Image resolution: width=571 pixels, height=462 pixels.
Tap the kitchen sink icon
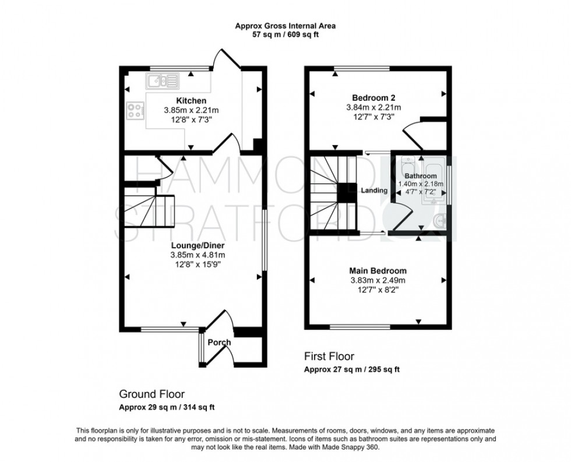click(163, 80)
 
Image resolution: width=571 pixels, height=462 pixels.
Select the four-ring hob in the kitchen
click(135, 111)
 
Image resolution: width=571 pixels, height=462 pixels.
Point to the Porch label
click(219, 343)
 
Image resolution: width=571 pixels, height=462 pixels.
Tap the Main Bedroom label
click(378, 271)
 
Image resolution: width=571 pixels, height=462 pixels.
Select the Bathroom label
click(421, 176)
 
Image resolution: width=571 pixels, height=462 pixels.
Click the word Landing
click(374, 191)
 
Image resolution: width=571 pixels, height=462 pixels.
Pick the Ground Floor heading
click(151, 394)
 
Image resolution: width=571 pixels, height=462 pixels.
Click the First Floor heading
click(329, 357)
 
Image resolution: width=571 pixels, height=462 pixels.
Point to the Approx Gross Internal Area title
click(285, 26)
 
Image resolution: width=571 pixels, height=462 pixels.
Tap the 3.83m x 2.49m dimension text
click(378, 280)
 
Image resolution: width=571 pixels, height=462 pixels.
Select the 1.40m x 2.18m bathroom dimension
click(421, 184)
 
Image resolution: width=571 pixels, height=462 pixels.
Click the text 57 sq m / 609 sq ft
click(285, 34)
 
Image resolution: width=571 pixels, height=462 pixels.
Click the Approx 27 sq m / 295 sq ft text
click(351, 369)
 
